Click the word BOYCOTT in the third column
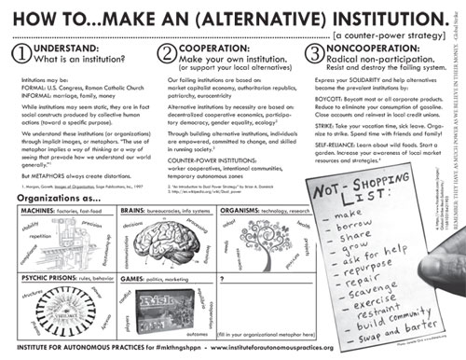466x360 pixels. (x=324, y=115)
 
